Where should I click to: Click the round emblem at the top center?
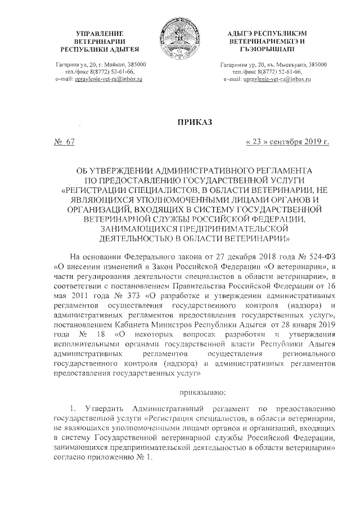(x=179, y=35)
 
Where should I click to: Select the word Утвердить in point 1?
(x=105, y=408)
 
